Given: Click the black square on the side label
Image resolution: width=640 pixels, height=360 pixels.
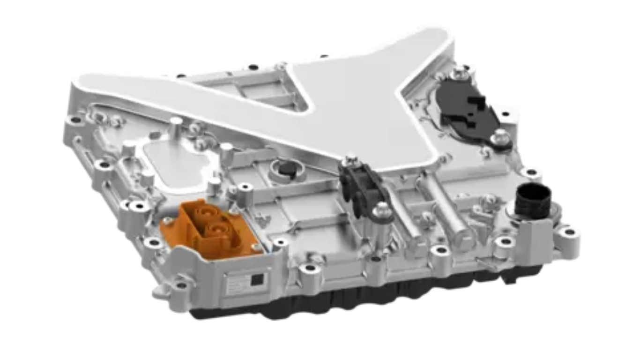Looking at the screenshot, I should [x=257, y=280].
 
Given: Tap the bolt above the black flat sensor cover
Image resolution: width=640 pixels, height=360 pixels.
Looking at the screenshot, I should [x=458, y=75].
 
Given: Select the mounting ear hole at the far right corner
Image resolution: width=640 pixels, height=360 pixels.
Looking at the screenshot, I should [x=569, y=232].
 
